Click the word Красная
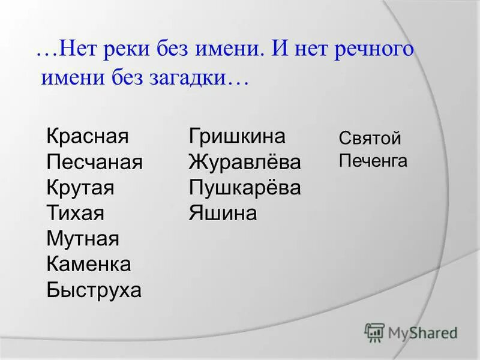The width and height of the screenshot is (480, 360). (x=88, y=136)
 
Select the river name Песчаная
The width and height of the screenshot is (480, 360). (x=94, y=162)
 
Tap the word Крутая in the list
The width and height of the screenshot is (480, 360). (x=80, y=188)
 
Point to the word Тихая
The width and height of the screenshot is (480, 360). (x=76, y=213)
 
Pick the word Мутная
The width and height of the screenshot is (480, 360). (x=83, y=239)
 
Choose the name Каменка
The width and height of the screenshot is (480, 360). (x=88, y=265)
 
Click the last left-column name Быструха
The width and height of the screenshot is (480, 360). (x=94, y=290)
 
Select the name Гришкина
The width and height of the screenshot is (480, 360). (x=237, y=136)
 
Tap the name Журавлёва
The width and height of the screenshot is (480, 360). (x=244, y=162)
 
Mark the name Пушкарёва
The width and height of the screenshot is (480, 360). (x=244, y=188)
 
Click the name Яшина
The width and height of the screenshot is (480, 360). (x=223, y=213)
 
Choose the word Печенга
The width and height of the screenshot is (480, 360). (x=373, y=161)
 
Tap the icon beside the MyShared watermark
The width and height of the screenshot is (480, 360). (x=374, y=332)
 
